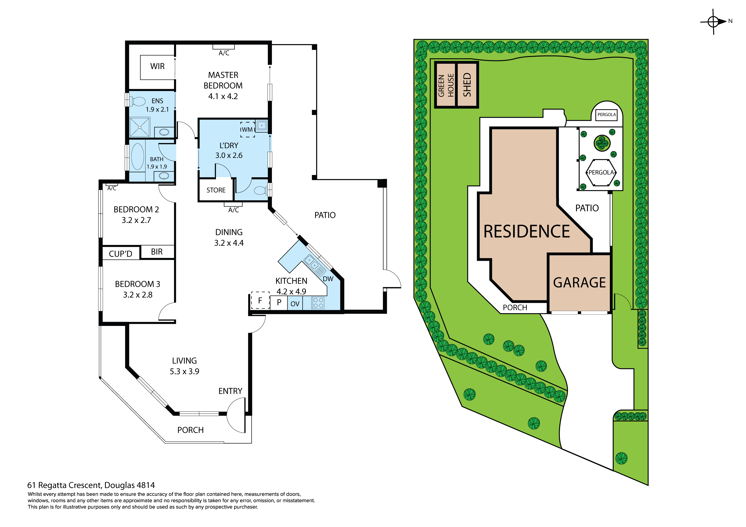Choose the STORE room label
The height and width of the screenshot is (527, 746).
[216, 190]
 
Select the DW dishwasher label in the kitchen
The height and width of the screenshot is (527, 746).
[328, 279]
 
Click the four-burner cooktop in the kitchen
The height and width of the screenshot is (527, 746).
[318, 303]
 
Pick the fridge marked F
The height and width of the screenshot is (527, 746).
[260, 300]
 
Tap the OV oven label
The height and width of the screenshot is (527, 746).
[295, 304]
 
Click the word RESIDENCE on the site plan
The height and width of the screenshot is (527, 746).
[527, 232]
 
